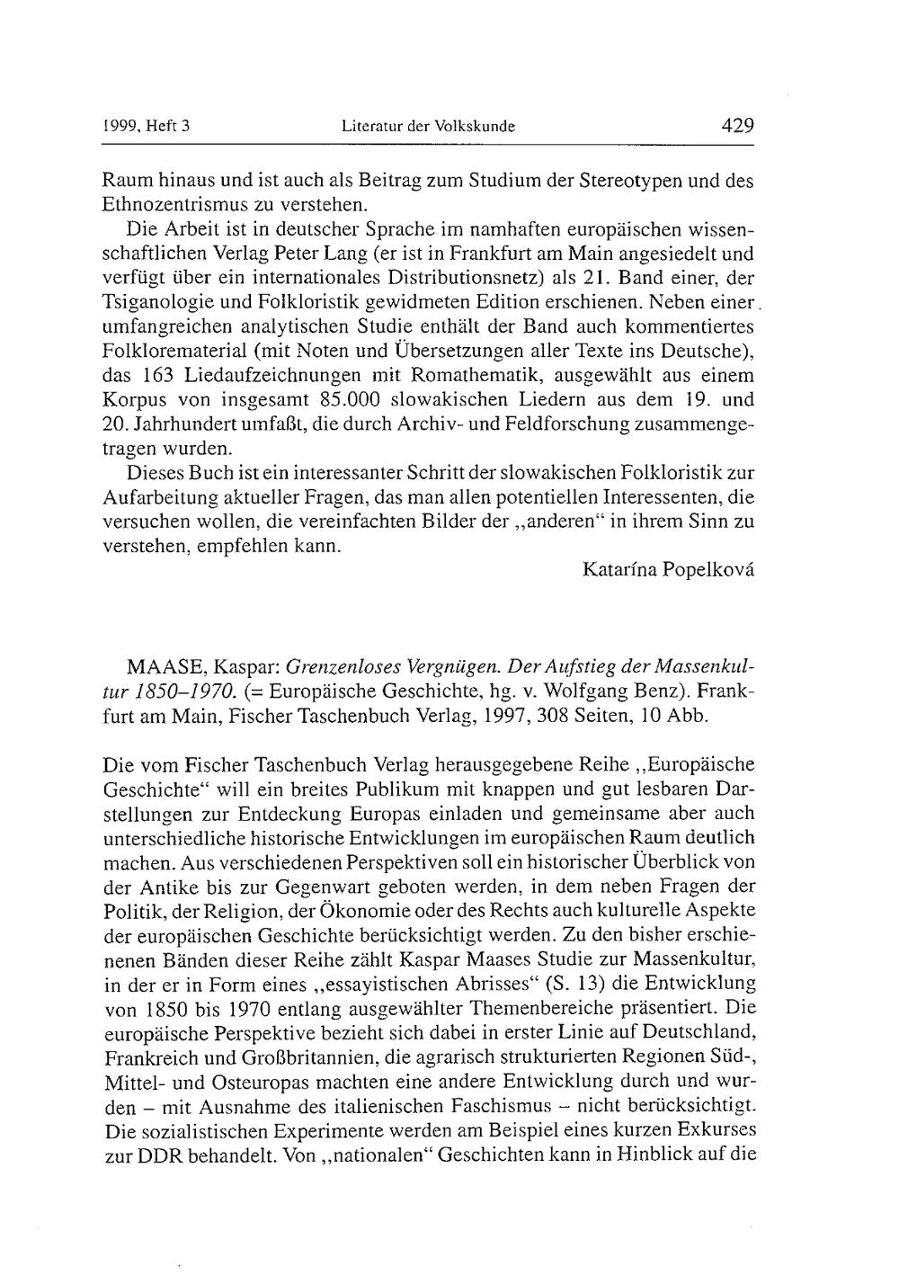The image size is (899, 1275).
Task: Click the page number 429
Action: (737, 126)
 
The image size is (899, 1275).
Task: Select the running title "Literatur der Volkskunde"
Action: (428, 128)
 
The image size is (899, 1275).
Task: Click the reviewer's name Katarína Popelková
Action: (668, 569)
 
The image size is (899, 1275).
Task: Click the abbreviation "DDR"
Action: (160, 1154)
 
